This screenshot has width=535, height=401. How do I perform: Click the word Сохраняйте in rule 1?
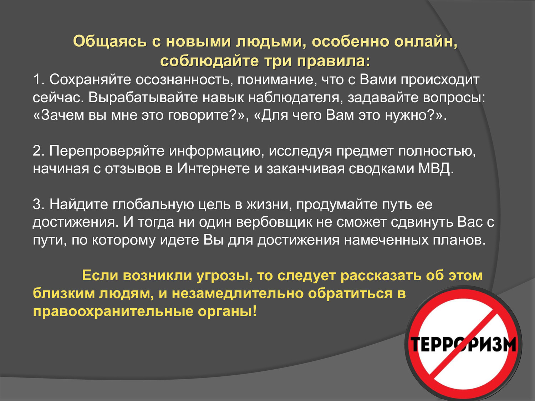(x=90, y=79)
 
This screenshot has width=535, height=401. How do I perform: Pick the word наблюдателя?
(x=296, y=98)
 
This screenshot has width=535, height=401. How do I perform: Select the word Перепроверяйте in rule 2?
(x=107, y=151)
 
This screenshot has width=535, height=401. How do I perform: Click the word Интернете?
(x=214, y=169)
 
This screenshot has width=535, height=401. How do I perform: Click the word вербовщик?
(x=274, y=222)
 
